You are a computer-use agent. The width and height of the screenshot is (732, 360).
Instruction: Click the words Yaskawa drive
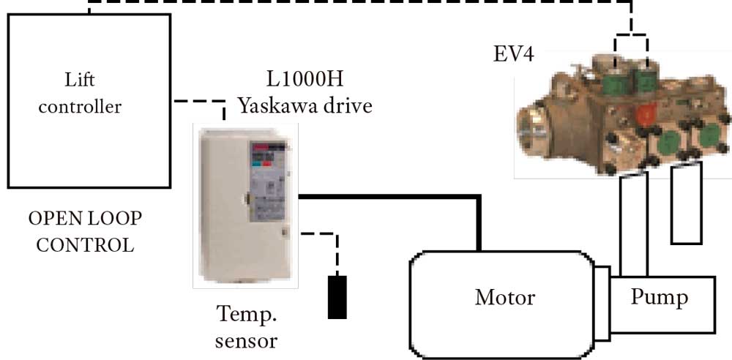point(305,106)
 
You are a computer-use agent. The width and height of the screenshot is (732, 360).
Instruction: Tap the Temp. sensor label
point(248,327)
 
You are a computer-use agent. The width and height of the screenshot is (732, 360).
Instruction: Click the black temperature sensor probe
point(337,297)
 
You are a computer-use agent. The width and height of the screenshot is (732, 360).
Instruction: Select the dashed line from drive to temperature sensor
point(322,236)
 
